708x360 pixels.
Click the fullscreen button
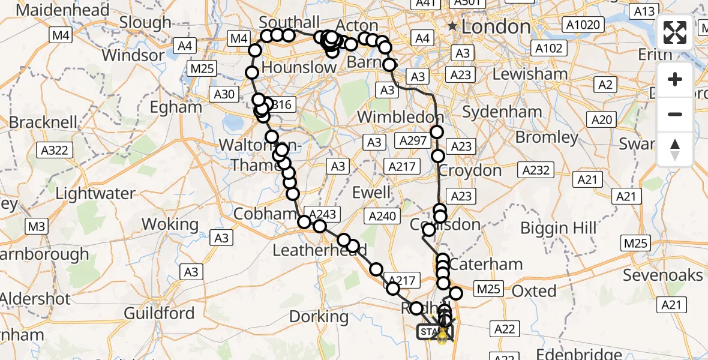pos(675,32)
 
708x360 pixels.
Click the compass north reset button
pos(675,149)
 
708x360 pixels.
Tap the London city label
pos(496,26)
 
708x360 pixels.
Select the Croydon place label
pos(470,170)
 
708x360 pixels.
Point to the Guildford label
pos(159,313)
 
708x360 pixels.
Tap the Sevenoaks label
pos(662,275)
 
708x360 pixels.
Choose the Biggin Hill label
pos(559,228)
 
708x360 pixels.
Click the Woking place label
pos(170,224)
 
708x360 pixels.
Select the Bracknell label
pos(43,122)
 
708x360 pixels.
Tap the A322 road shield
pos(53,150)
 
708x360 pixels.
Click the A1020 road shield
pos(582,25)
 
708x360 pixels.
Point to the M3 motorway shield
pos(37,226)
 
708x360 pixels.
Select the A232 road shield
pos(536,170)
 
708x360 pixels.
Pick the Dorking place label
pos(319,316)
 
